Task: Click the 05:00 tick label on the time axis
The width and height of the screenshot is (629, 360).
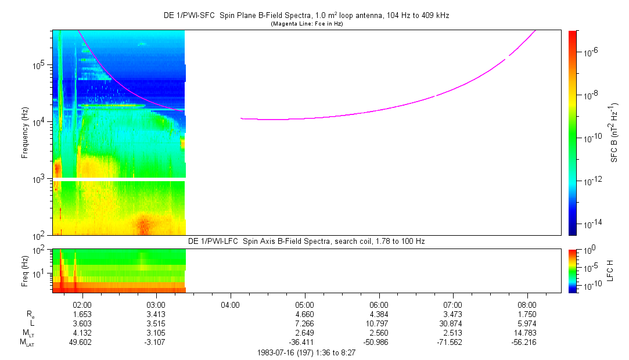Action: pyautogui.click(x=304, y=304)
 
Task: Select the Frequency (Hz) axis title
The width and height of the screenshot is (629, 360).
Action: pyautogui.click(x=25, y=132)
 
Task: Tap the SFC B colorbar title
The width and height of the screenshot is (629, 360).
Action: pyautogui.click(x=614, y=132)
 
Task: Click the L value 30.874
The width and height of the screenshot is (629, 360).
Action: pyautogui.click(x=452, y=323)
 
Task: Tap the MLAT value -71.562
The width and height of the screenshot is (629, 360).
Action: pyautogui.click(x=452, y=343)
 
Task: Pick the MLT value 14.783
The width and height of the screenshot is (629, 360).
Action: pyautogui.click(x=527, y=333)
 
